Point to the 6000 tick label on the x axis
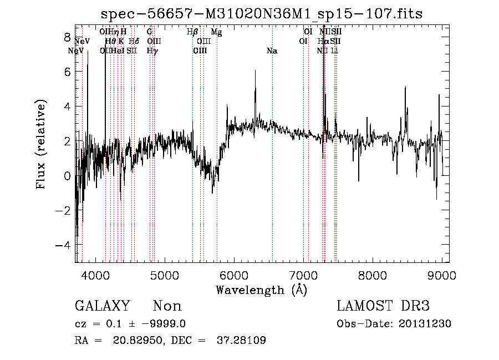(234, 274)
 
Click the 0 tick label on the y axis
(67, 176)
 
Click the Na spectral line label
(272, 51)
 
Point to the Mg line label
(216, 33)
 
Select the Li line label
(334, 51)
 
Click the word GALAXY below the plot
(102, 306)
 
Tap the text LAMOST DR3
(383, 306)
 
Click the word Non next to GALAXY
(167, 306)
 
